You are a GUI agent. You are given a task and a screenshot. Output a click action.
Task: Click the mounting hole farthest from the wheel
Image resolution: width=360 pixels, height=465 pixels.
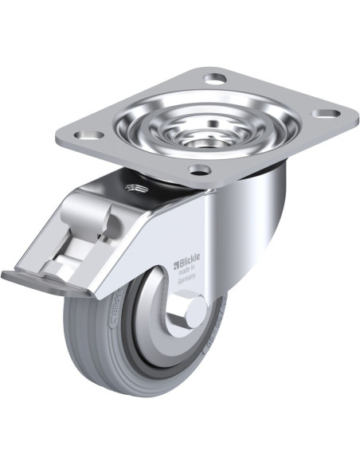(x=215, y=79)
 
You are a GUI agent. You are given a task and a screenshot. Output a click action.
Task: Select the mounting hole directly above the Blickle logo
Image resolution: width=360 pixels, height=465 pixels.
(x=199, y=169)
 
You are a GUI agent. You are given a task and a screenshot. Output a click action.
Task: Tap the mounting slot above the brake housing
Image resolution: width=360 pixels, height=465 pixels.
(x=86, y=135)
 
